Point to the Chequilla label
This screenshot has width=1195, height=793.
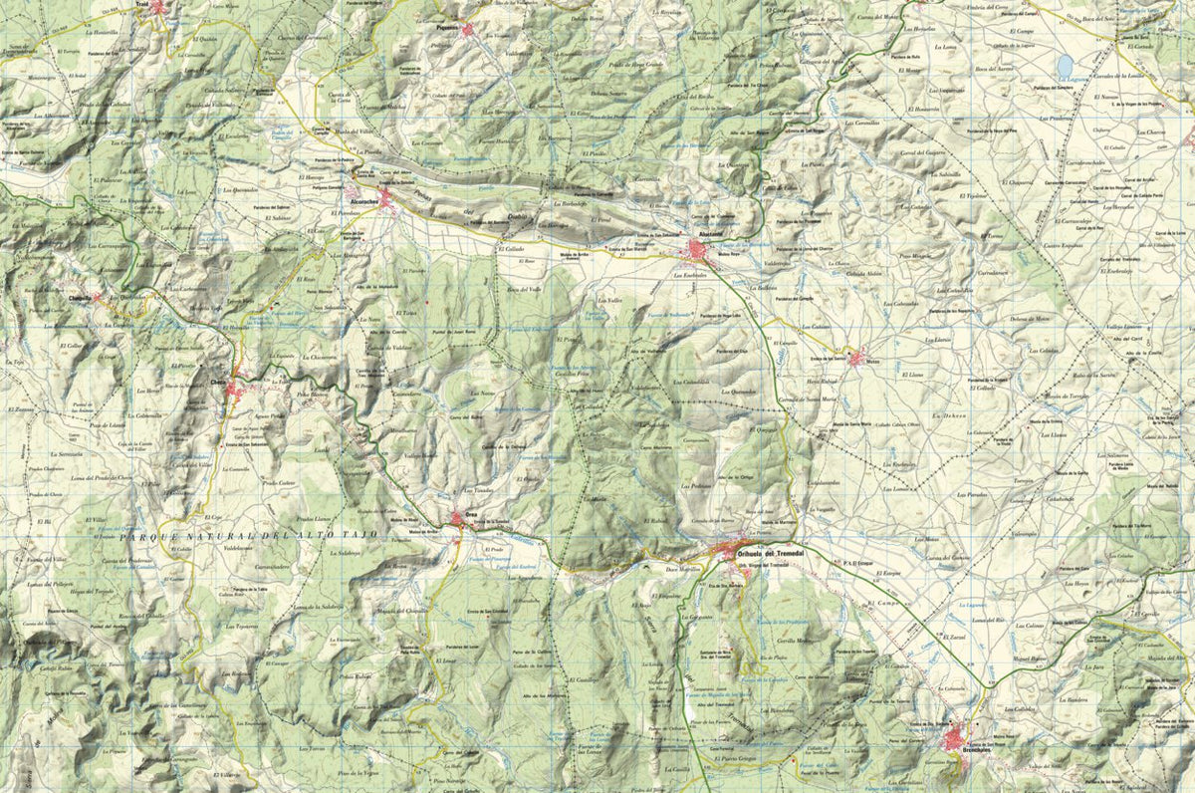81,295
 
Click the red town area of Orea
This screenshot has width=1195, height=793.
459,517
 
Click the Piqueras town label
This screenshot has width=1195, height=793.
447,28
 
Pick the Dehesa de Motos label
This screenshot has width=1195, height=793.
1029,318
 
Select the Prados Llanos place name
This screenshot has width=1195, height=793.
314,519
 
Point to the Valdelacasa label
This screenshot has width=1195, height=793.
245,547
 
